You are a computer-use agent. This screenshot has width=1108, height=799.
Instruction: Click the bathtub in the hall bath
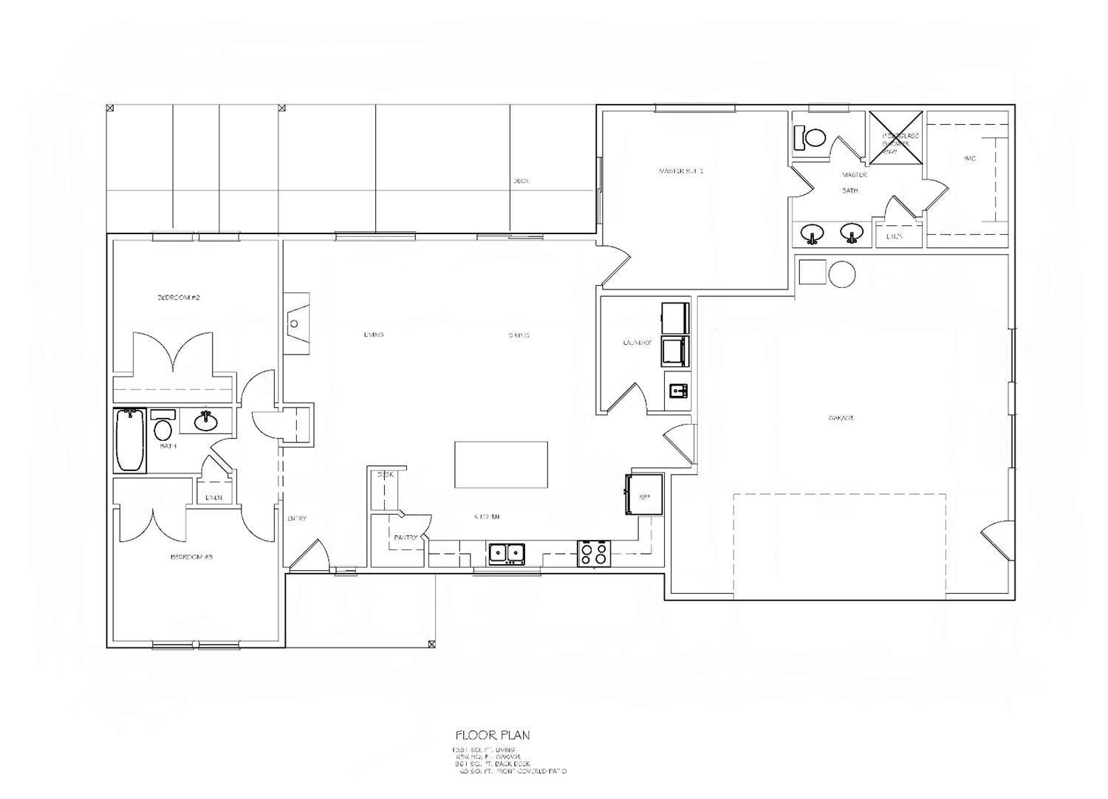pos(130,440)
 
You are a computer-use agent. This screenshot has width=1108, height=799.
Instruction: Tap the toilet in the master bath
pos(813,137)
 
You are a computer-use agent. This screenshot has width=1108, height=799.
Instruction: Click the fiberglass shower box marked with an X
pos(896,138)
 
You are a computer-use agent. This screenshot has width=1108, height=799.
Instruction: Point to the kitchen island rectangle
pos(501,464)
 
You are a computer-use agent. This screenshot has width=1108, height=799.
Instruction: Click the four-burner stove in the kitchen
pos(595,554)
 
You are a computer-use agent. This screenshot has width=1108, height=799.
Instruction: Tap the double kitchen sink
pos(507,553)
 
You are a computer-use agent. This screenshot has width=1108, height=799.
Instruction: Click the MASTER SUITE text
pos(681,171)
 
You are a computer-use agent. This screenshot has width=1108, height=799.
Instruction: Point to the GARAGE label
pos(841,418)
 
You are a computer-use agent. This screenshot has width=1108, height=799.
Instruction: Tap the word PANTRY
pos(406,538)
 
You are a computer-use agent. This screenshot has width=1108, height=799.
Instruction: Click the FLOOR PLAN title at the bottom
pos(493,735)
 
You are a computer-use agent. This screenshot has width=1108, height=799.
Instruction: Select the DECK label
pos(521,181)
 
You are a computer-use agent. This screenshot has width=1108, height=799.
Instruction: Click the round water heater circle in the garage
pos(841,273)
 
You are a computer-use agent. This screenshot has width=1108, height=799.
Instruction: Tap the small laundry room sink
pos(678,390)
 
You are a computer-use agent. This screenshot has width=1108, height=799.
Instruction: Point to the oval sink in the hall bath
pos(205,422)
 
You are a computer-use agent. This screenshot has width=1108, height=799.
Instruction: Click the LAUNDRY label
pos(637,343)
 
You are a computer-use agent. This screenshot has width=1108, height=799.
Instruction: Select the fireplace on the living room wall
pos(297,323)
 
